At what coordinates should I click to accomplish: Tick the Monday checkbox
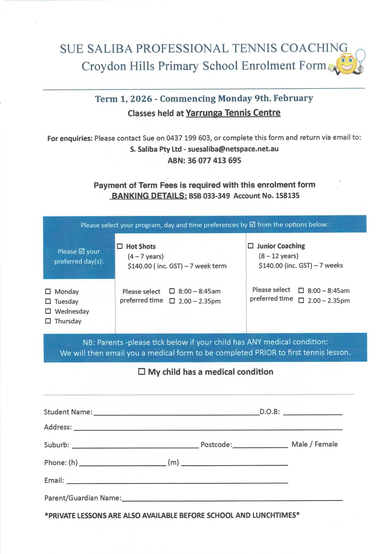click(x=48, y=291)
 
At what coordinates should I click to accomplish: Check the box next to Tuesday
click(x=48, y=301)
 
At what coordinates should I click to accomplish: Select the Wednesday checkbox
click(x=48, y=311)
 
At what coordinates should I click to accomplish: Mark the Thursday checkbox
click(x=48, y=321)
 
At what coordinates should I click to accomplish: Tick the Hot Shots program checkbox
click(x=120, y=246)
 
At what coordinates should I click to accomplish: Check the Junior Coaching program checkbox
click(x=251, y=246)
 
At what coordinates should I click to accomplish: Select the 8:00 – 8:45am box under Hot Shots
click(x=172, y=291)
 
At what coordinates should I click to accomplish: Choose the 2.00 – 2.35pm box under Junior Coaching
click(x=301, y=301)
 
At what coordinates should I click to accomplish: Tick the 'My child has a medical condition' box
click(x=142, y=372)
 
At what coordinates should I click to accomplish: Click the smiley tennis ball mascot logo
click(x=348, y=63)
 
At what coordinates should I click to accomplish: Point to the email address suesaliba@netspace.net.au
click(x=233, y=149)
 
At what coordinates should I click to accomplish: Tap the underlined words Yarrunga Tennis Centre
click(x=233, y=113)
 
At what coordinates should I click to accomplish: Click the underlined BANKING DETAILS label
click(x=149, y=196)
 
